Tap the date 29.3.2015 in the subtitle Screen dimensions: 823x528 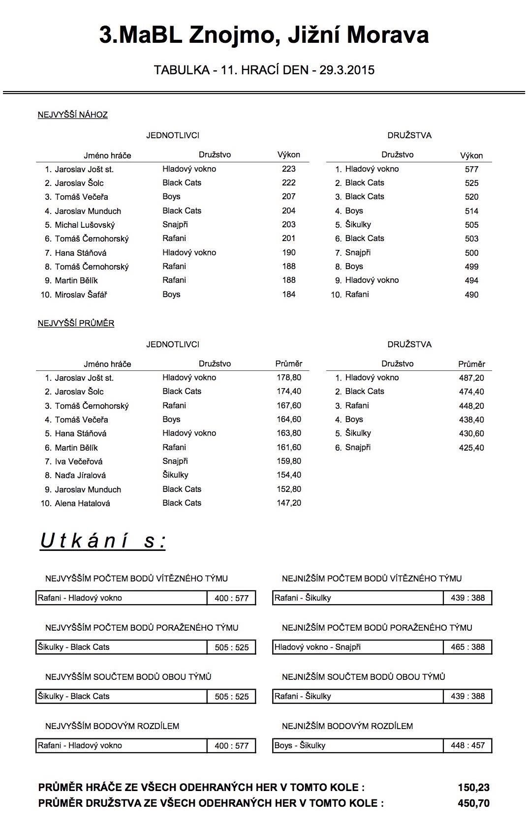[x=347, y=70]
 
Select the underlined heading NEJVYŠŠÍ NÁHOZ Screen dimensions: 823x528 [x=73, y=115]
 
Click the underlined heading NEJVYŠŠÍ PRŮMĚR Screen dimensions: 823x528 [x=76, y=323]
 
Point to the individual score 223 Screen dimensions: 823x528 [x=289, y=169]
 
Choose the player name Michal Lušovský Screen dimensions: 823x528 [x=85, y=225]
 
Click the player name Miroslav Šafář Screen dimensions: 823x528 [x=81, y=295]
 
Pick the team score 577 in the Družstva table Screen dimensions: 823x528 [x=471, y=169]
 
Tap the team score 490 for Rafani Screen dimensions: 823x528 [x=471, y=295]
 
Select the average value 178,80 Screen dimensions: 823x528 [x=289, y=377]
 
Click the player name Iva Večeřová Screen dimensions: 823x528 [x=79, y=461]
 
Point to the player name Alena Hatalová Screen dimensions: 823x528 [x=82, y=503]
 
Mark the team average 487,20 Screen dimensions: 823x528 [x=471, y=378]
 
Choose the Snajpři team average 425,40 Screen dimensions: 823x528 [x=471, y=448]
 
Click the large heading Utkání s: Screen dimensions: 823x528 [x=103, y=541]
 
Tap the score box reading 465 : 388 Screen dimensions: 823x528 [x=467, y=647]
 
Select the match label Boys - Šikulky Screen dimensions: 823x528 [x=300, y=745]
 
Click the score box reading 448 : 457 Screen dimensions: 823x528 [x=467, y=745]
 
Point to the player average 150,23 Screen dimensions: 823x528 [x=473, y=787]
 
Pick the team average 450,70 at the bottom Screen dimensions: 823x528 [x=473, y=803]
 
